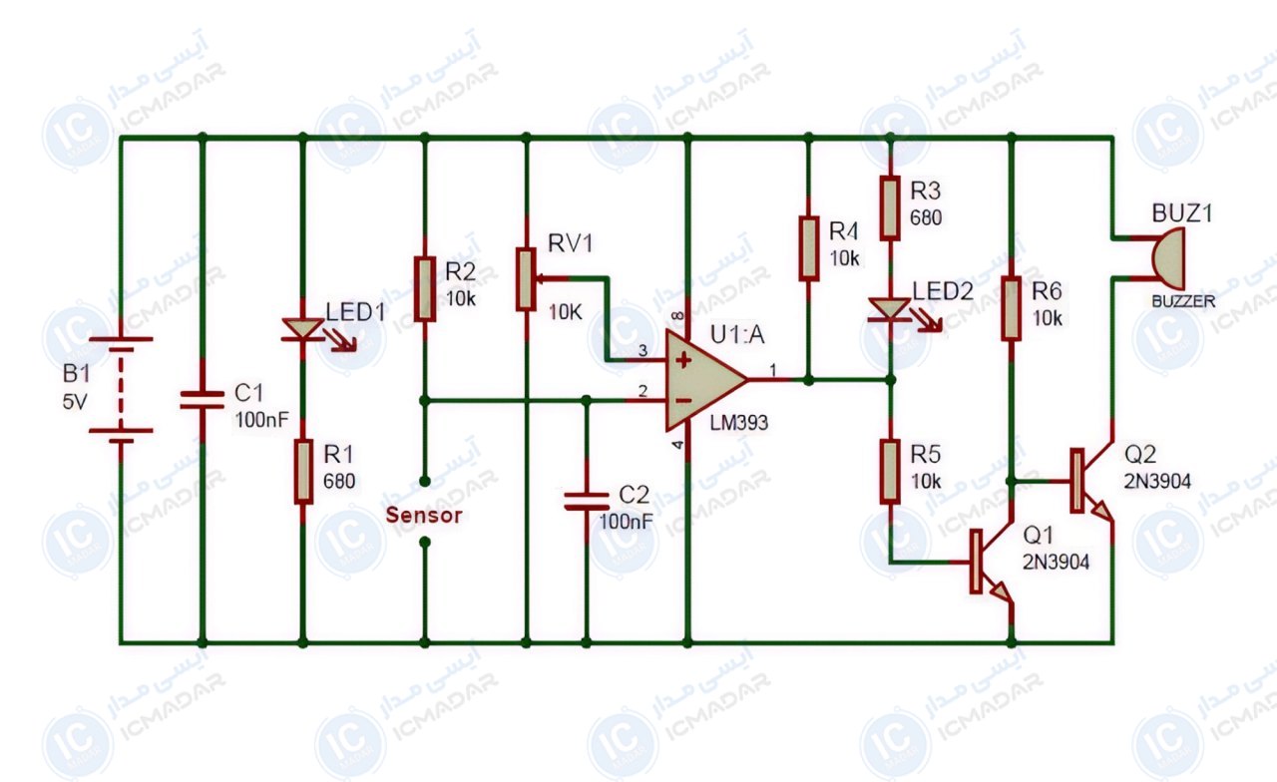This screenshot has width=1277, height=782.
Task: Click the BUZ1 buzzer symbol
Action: tap(1167, 258)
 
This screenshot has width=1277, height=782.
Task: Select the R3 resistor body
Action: tap(890, 208)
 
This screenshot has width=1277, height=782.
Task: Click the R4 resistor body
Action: tap(808, 248)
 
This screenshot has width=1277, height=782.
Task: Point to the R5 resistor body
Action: tap(890, 472)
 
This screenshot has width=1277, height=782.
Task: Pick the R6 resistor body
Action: tap(1012, 309)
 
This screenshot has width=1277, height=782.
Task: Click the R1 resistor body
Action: tap(303, 472)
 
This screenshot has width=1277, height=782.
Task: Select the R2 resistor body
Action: tap(425, 289)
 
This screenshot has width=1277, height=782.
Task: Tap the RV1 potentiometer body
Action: tap(526, 279)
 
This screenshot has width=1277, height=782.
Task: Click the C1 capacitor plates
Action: tap(202, 400)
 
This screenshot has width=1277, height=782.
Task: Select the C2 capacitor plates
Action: tap(587, 501)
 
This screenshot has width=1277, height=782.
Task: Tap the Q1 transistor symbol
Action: tap(989, 562)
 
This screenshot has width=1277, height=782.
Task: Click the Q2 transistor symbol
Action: tap(1090, 481)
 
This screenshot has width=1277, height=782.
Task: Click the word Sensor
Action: tap(424, 516)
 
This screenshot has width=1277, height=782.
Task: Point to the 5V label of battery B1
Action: tap(75, 402)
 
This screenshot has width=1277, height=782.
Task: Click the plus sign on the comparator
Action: tap(683, 360)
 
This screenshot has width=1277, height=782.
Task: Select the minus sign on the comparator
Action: tap(683, 401)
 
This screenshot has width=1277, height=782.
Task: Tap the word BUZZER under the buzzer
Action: tap(1183, 301)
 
